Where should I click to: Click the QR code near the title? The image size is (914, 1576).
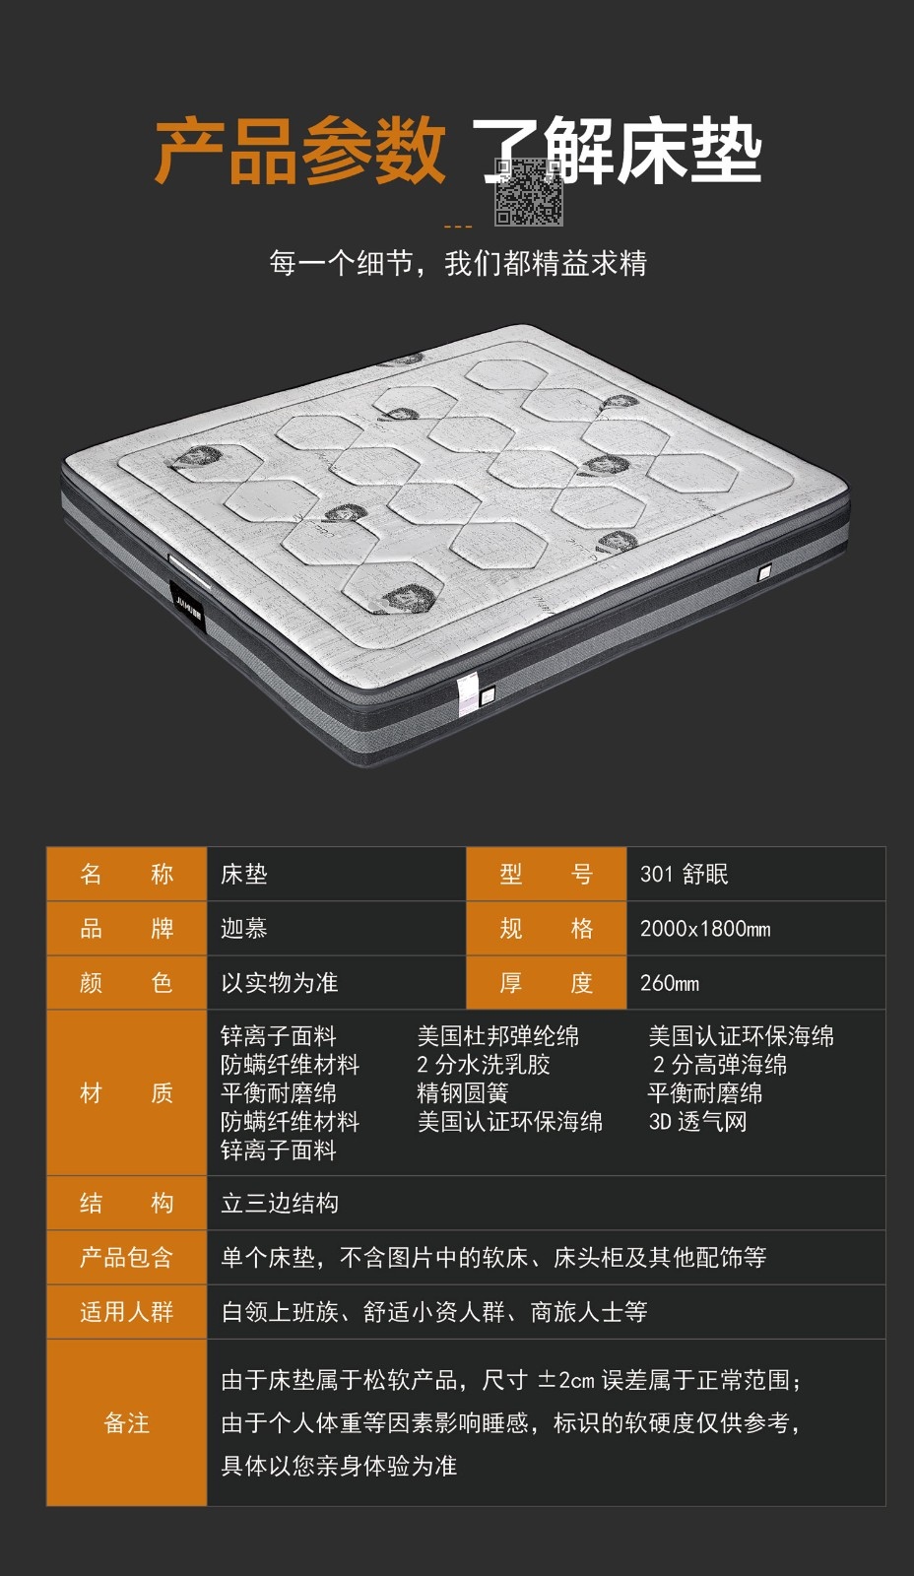point(529,191)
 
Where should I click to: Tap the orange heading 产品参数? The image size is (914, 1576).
point(300,151)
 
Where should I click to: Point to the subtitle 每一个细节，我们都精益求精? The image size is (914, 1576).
point(458,263)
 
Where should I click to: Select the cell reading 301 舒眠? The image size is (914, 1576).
point(684,874)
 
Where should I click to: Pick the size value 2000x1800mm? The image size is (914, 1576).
point(705,929)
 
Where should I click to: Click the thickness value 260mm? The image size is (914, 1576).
point(669,983)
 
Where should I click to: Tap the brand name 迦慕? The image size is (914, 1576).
point(244,928)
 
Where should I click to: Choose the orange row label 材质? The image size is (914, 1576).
point(127,1092)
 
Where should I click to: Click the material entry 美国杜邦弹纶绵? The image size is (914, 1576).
point(498,1035)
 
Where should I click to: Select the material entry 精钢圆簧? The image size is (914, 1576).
point(462,1092)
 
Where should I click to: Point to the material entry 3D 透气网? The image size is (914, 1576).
point(697,1122)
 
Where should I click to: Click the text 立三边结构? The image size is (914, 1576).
point(280,1203)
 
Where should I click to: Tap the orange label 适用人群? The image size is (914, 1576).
point(127,1312)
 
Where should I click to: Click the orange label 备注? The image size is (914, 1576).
point(127,1422)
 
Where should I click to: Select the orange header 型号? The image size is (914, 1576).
point(546,874)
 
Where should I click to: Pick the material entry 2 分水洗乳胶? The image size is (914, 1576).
point(484,1065)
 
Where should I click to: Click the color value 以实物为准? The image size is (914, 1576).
point(280,983)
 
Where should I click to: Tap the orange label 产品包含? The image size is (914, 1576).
point(127,1257)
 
